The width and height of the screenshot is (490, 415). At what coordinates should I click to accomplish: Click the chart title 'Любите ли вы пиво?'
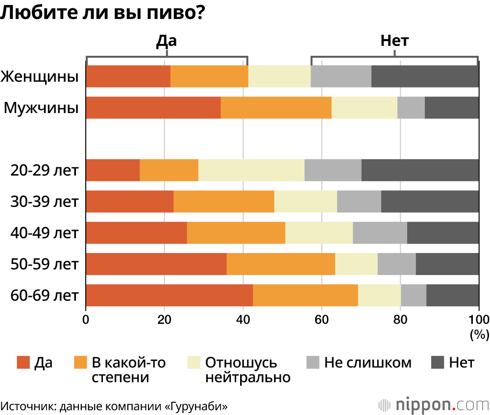102,13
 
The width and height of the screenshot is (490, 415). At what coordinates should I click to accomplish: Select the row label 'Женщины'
40,77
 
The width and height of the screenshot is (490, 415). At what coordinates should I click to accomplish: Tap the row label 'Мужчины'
42,108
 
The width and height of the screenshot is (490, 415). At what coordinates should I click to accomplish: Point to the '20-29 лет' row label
45,171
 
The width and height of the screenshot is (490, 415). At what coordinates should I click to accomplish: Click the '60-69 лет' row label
45,296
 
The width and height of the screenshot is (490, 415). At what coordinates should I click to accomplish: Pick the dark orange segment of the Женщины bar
128,76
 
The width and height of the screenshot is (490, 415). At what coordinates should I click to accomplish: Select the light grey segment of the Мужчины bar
411,108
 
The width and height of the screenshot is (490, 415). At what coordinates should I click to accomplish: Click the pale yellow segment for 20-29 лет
251,170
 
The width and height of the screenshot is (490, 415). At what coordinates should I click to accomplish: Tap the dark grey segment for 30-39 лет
430,202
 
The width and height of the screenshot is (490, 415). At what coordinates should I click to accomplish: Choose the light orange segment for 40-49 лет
236,233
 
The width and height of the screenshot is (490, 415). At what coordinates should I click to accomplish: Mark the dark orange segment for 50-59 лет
156,264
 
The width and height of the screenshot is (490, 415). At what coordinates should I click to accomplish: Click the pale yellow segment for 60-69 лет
379,296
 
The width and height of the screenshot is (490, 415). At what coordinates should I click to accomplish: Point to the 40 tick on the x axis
243,320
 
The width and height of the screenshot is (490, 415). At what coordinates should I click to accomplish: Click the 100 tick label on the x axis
479,320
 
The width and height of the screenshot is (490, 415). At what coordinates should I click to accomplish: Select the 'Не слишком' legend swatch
313,363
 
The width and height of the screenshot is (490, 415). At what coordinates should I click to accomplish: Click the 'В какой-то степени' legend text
129,370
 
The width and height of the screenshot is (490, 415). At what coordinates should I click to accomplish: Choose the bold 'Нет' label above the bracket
394,41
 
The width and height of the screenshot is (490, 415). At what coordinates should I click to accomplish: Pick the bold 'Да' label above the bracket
166,41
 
